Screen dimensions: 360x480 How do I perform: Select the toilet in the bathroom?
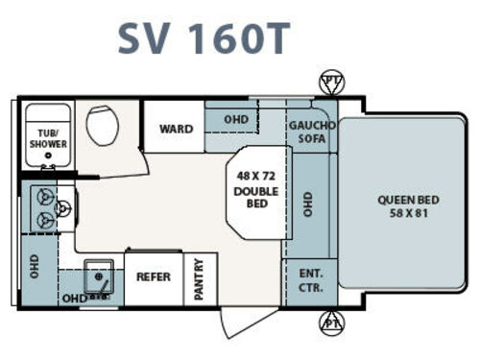pyautogui.click(x=101, y=124)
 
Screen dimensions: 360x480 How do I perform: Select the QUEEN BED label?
pyautogui.click(x=407, y=200)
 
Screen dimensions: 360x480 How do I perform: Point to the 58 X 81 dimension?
pyautogui.click(x=407, y=212)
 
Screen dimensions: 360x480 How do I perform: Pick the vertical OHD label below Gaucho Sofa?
pyautogui.click(x=308, y=204)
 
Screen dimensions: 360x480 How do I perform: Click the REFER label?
pyautogui.click(x=154, y=276)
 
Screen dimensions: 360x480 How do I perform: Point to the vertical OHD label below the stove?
pyautogui.click(x=35, y=263)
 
